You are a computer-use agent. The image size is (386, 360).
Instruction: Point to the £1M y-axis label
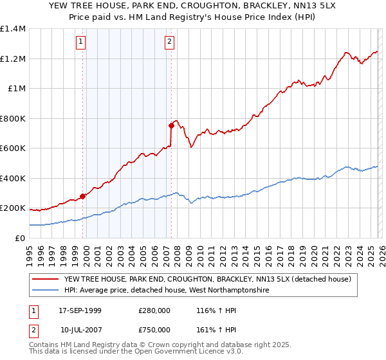pos(17,89)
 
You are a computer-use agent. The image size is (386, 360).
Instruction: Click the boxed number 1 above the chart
pos(81,42)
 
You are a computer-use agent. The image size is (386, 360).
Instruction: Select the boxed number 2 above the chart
pos(169,42)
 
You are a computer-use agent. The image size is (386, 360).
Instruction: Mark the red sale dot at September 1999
pos(83,196)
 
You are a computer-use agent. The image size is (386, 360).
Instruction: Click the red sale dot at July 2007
pos(171,126)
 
